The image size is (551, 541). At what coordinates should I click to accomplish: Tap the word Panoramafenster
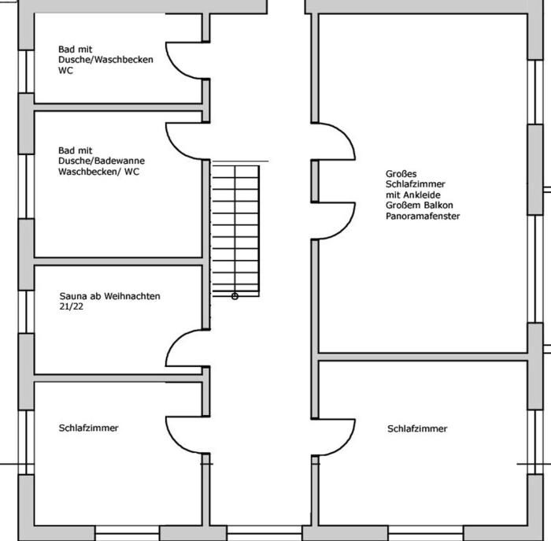point(423,216)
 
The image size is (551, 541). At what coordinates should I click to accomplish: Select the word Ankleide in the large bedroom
point(421,195)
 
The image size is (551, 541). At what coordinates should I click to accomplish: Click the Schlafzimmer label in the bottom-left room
point(88,428)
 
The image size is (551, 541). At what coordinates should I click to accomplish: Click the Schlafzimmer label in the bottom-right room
point(417,429)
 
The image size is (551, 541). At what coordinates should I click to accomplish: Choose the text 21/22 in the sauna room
point(72,307)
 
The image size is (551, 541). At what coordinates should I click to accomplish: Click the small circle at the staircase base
point(235,296)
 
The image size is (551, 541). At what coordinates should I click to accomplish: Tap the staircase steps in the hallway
point(235,228)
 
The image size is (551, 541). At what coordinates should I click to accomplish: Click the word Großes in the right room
point(401,173)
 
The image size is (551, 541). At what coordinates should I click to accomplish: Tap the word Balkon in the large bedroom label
point(438,206)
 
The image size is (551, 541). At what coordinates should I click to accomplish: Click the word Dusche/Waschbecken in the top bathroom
point(105,60)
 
